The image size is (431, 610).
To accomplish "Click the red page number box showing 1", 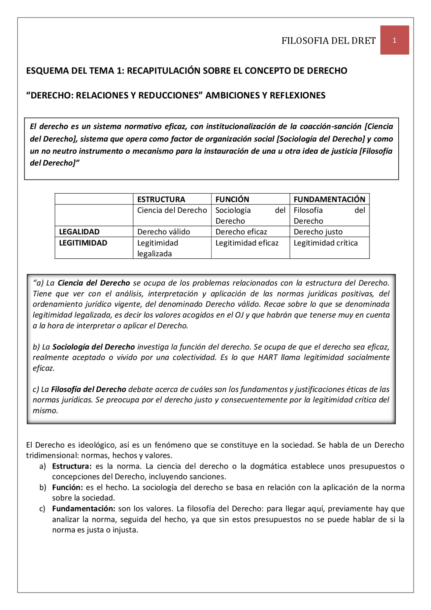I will [394, 40].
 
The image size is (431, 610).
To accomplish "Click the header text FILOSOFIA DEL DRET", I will [328, 41].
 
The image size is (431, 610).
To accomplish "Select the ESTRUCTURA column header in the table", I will [161, 199].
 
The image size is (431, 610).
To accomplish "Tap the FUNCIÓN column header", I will [232, 199].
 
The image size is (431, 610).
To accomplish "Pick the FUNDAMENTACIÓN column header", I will [329, 199].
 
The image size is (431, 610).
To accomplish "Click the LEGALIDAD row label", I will [79, 232].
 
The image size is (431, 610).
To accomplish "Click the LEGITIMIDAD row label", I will [83, 243].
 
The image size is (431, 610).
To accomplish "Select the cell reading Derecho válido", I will [163, 232].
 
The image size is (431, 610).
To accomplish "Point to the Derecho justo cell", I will [318, 232].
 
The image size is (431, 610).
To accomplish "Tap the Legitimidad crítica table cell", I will [325, 243].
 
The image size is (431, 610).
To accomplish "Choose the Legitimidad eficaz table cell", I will [247, 243].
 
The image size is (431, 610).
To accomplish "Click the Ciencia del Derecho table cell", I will [172, 210].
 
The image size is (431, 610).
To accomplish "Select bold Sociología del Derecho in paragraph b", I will [93, 347].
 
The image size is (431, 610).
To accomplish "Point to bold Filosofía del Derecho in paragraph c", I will [89, 389].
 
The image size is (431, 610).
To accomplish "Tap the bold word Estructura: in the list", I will [72, 466].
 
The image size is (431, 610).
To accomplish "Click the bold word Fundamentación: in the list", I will [84, 509].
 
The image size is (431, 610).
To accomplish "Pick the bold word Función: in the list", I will [67, 487].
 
